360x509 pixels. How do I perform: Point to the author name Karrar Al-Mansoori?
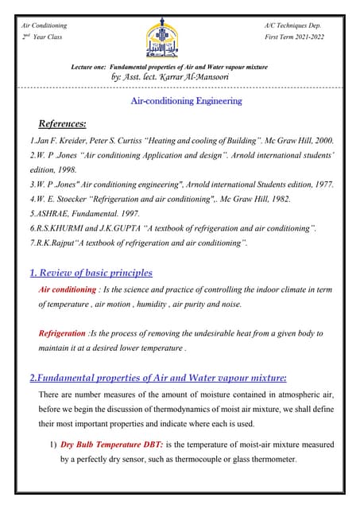coord(198,78)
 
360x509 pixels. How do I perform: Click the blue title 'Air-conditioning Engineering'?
coord(185,101)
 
